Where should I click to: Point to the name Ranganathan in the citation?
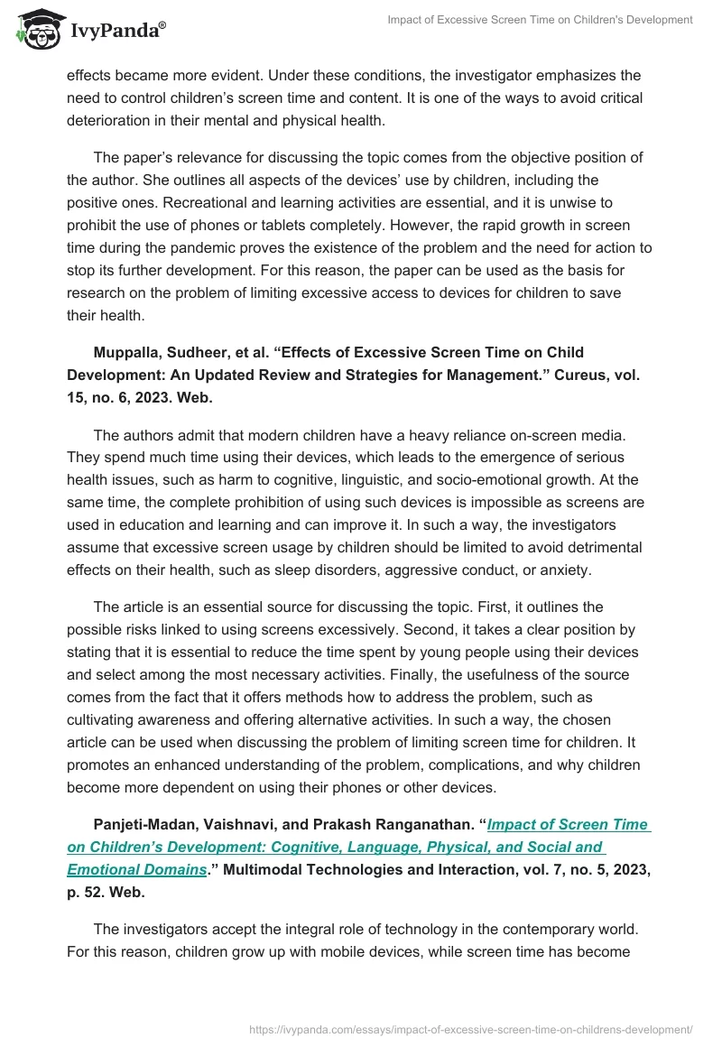coord(418,824)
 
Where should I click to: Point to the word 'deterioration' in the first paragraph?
coord(109,119)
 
